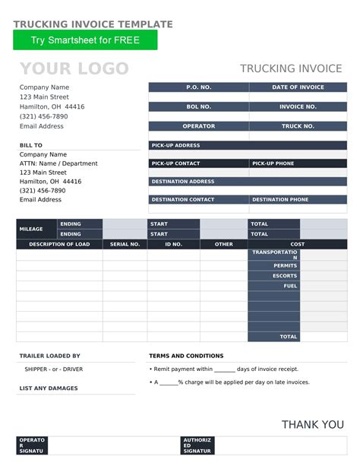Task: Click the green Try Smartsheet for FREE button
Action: click(85, 40)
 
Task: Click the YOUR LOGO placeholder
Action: click(74, 69)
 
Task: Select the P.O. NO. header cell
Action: click(198, 87)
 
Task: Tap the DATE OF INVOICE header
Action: click(298, 87)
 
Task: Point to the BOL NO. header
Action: click(198, 107)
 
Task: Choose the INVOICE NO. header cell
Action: click(298, 107)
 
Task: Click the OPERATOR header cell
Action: click(198, 126)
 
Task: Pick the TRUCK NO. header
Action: click(298, 126)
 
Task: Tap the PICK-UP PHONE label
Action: click(298, 163)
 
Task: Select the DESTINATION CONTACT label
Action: click(198, 199)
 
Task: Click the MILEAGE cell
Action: click(36, 229)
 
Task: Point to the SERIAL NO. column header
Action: click(125, 245)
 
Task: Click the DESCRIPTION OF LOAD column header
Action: click(59, 245)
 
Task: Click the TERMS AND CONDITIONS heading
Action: click(186, 356)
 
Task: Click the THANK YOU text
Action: click(312, 424)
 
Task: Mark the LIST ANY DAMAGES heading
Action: click(48, 388)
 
